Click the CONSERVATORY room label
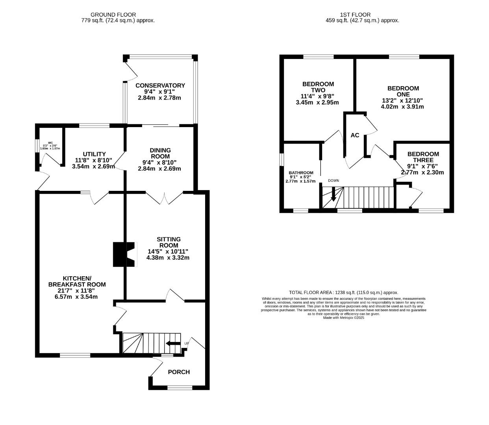(160, 85)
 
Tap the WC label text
(50, 143)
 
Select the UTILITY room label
(94, 154)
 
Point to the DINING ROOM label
(160, 153)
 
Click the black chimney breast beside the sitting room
(119, 255)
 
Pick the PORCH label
(179, 372)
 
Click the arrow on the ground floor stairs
(173, 344)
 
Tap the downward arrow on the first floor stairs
(333, 194)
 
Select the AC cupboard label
(355, 135)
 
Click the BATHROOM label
(301, 173)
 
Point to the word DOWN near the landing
(333, 181)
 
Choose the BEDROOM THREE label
(423, 157)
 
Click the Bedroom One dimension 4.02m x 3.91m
(402, 107)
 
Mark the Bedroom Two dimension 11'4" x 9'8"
(317, 96)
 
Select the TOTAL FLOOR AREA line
(343, 292)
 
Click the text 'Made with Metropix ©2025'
(343, 318)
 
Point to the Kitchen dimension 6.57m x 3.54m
(76, 297)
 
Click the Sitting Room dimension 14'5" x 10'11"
(168, 251)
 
